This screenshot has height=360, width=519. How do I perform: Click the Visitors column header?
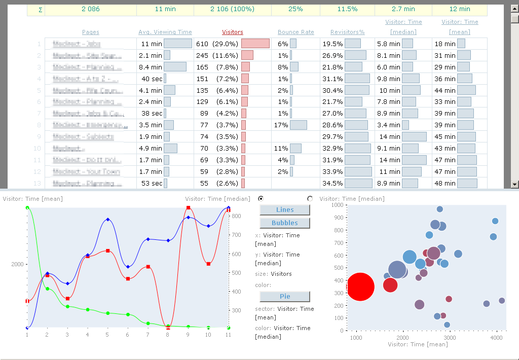233,32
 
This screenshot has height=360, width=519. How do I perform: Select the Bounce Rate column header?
295,32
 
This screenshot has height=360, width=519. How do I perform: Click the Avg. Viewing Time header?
165,32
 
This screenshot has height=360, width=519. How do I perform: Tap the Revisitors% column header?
347,32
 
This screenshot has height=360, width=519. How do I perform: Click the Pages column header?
91,32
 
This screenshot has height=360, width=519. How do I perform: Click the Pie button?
284,296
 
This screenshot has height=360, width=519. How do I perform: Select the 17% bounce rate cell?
281,125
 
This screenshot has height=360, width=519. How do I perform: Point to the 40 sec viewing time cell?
152,79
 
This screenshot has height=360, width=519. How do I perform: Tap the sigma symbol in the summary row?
40,9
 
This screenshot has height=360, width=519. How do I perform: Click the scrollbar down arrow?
514,184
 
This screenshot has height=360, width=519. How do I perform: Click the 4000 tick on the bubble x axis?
496,337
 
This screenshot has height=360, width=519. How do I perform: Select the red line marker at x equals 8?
168,328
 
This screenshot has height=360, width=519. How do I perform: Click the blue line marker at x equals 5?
107,220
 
